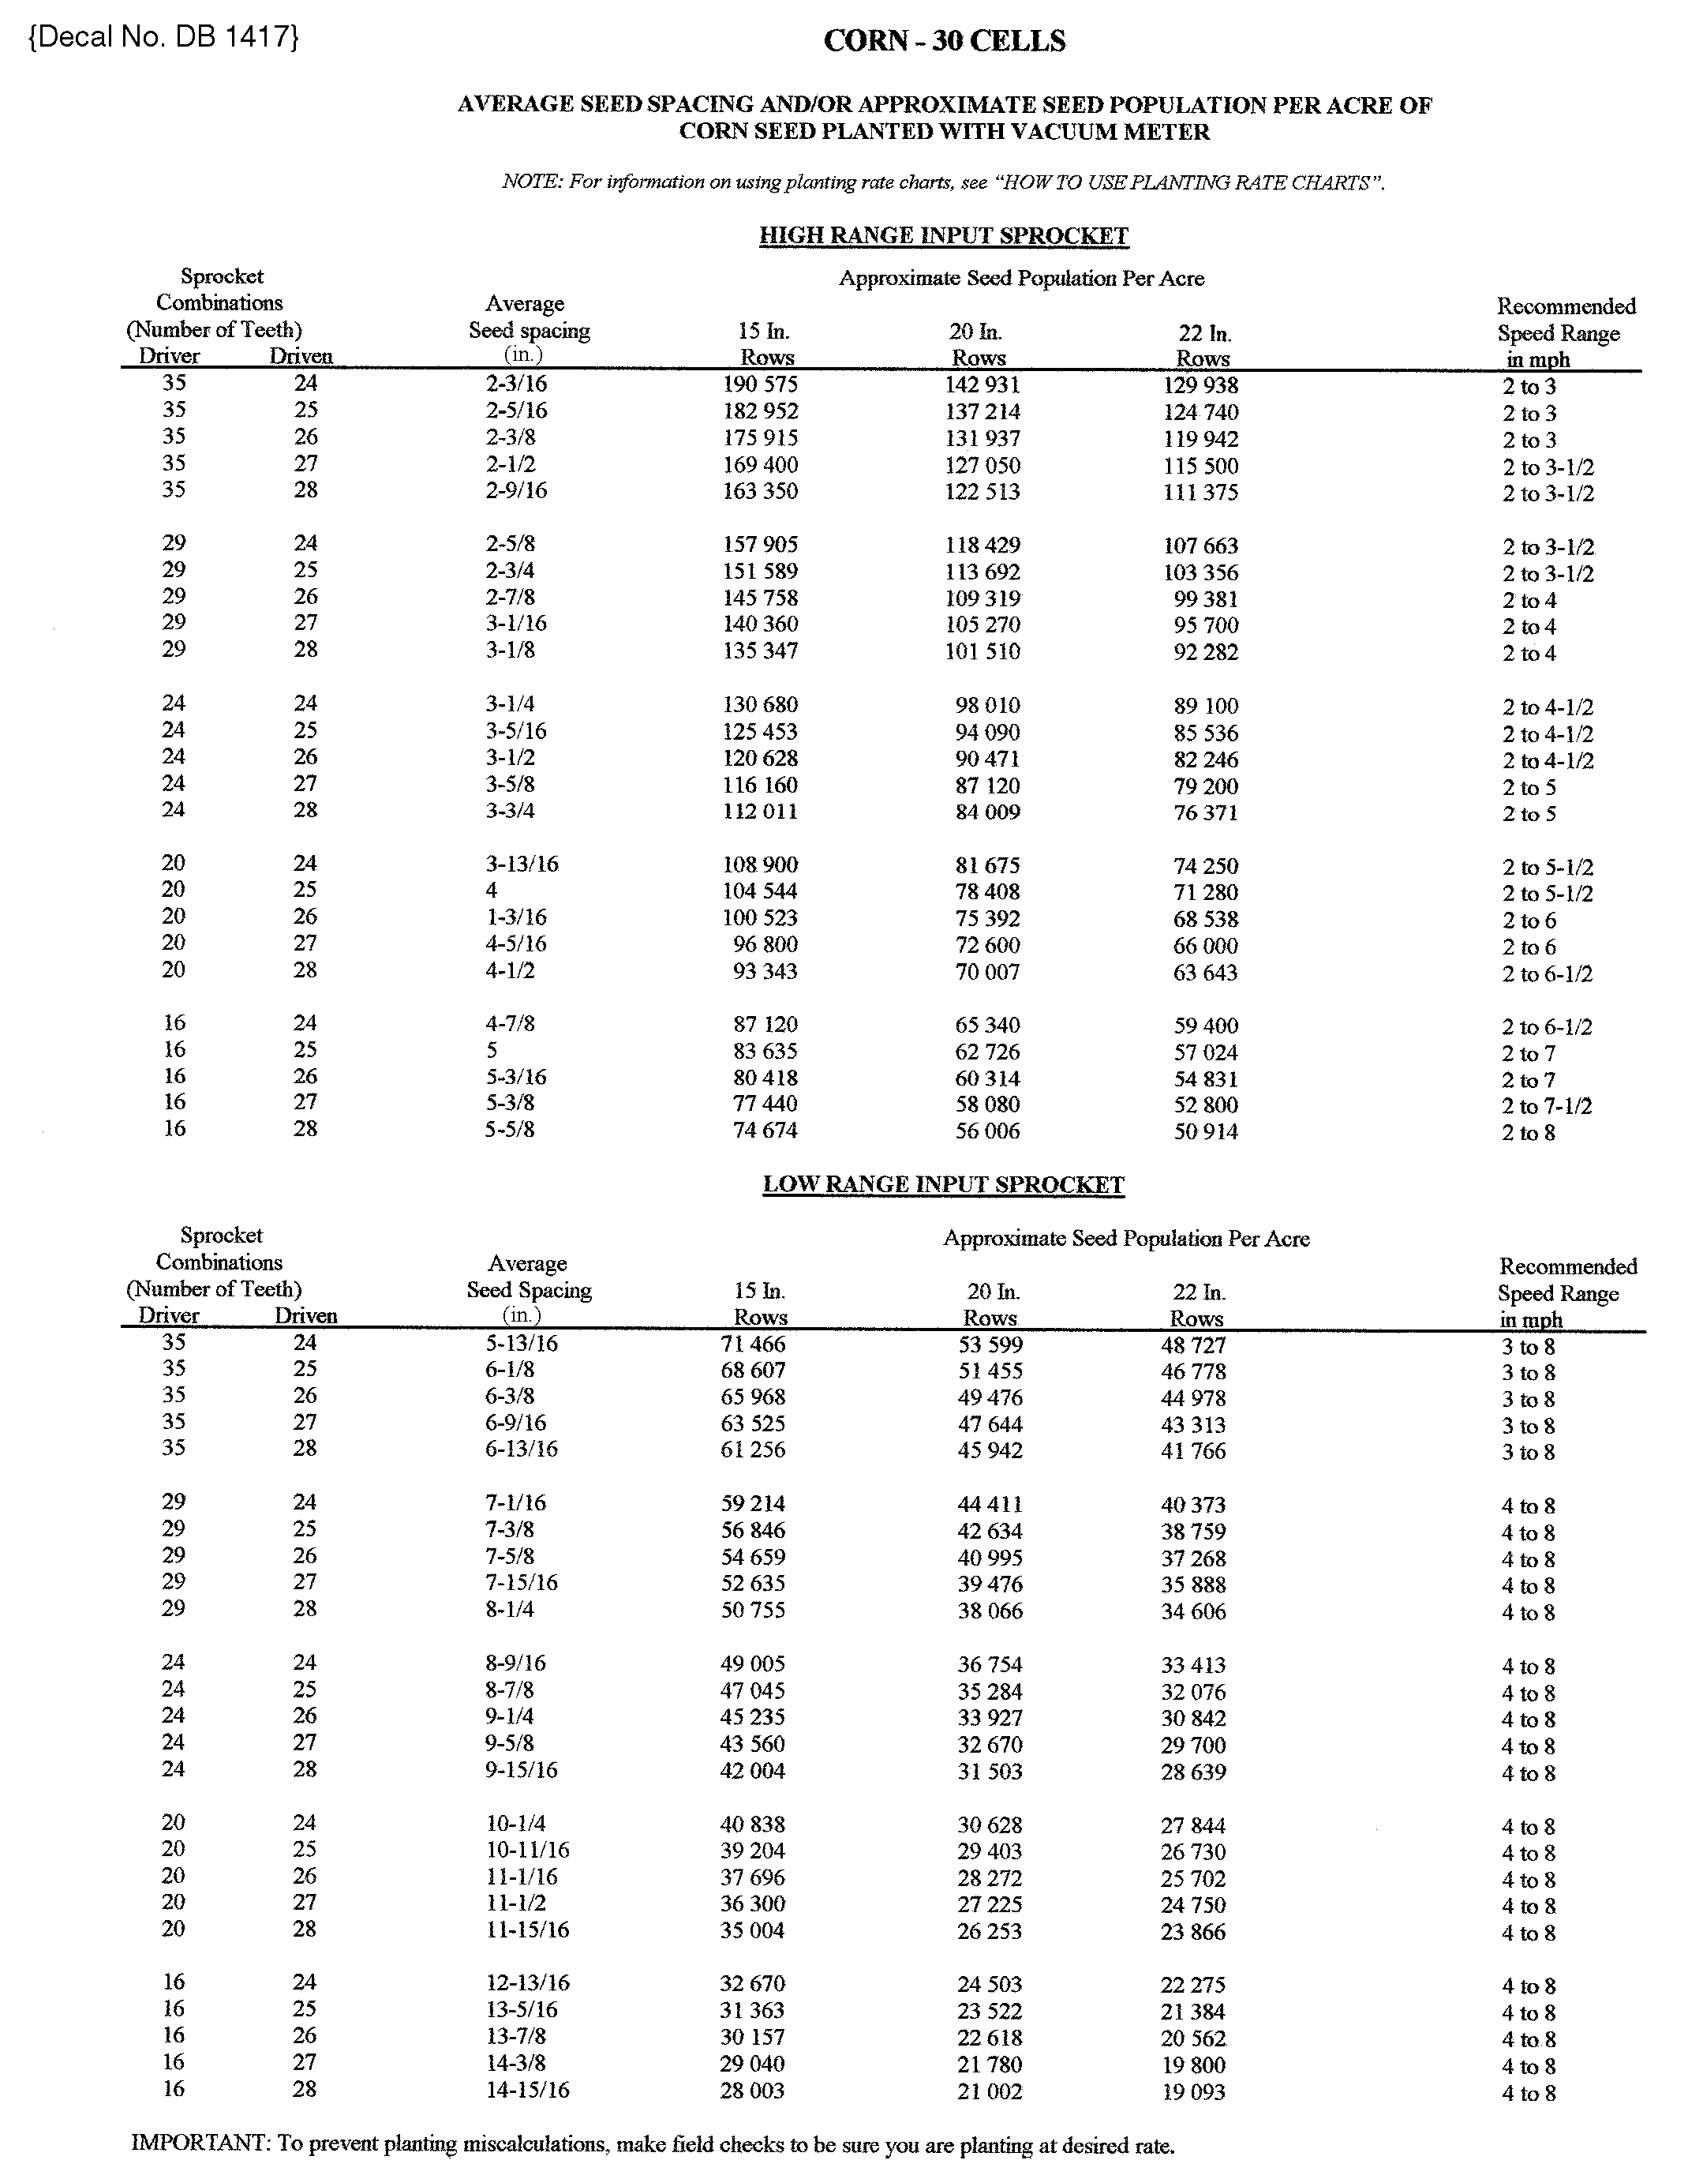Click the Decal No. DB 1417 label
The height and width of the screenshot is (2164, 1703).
(x=164, y=37)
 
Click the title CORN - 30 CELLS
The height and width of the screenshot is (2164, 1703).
(x=945, y=41)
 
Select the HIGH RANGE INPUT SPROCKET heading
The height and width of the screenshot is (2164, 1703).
(x=943, y=236)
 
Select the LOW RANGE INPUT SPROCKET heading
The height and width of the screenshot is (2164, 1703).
(x=943, y=1185)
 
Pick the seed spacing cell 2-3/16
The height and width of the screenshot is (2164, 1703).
(x=516, y=384)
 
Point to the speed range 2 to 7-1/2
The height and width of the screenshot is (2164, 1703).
(x=1547, y=1106)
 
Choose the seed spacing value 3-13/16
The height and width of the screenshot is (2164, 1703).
(x=522, y=864)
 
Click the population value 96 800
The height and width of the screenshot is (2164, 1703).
(x=765, y=944)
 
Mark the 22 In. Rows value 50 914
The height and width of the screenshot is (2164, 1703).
(x=1206, y=1132)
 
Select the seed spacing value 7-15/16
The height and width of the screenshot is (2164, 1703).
(x=522, y=1583)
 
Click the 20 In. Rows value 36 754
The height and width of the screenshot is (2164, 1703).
(x=990, y=1664)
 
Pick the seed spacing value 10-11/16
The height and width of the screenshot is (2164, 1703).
(x=527, y=1850)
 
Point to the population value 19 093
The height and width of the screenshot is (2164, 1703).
(x=1193, y=2092)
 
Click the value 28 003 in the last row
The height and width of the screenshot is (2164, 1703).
(x=753, y=2091)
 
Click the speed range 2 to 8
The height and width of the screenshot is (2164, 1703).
(x=1529, y=1133)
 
